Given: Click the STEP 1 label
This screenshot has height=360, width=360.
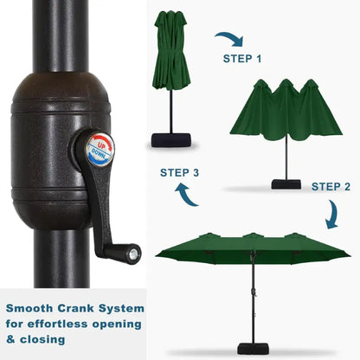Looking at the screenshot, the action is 242,59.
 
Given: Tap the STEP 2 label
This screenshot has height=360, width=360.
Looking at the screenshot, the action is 331,187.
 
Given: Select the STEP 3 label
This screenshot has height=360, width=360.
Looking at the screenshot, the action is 179,172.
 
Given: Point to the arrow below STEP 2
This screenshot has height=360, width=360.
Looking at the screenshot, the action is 333,214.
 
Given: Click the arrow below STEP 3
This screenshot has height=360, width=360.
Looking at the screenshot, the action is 184,196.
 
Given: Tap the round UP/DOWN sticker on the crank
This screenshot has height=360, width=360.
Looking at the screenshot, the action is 100,150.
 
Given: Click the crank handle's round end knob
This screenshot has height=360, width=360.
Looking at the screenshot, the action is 133,254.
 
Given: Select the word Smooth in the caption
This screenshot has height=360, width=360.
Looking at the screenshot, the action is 29,308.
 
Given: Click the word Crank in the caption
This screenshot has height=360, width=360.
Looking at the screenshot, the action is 75,308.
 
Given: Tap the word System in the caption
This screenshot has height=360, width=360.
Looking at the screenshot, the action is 121,309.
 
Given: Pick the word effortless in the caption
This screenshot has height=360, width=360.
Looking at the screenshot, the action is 57,324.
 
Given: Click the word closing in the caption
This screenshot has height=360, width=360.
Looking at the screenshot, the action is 42,340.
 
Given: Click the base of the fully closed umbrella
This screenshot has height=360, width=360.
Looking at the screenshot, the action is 171,140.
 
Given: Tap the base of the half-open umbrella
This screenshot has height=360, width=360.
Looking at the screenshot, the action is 286,184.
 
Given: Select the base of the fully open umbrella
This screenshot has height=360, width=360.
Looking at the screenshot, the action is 253,349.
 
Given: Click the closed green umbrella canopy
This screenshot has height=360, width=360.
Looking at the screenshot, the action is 172,50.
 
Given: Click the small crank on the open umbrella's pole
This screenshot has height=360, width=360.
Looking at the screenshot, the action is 254,292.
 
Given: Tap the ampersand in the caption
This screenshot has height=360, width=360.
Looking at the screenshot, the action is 10,339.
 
